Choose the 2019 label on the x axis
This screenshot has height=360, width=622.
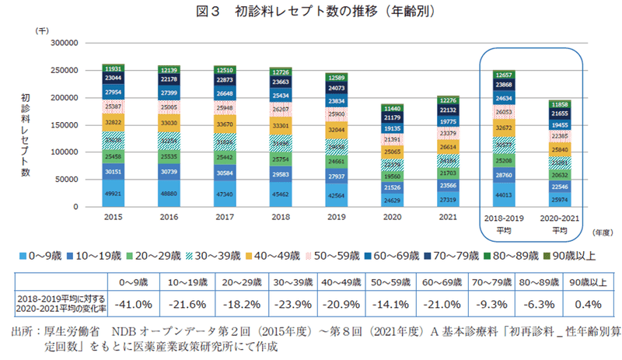click(x=336, y=218)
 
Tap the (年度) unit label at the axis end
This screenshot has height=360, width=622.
click(x=602, y=231)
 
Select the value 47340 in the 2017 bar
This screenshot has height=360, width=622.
click(x=225, y=194)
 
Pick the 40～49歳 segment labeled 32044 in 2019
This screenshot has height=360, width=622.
click(x=336, y=130)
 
